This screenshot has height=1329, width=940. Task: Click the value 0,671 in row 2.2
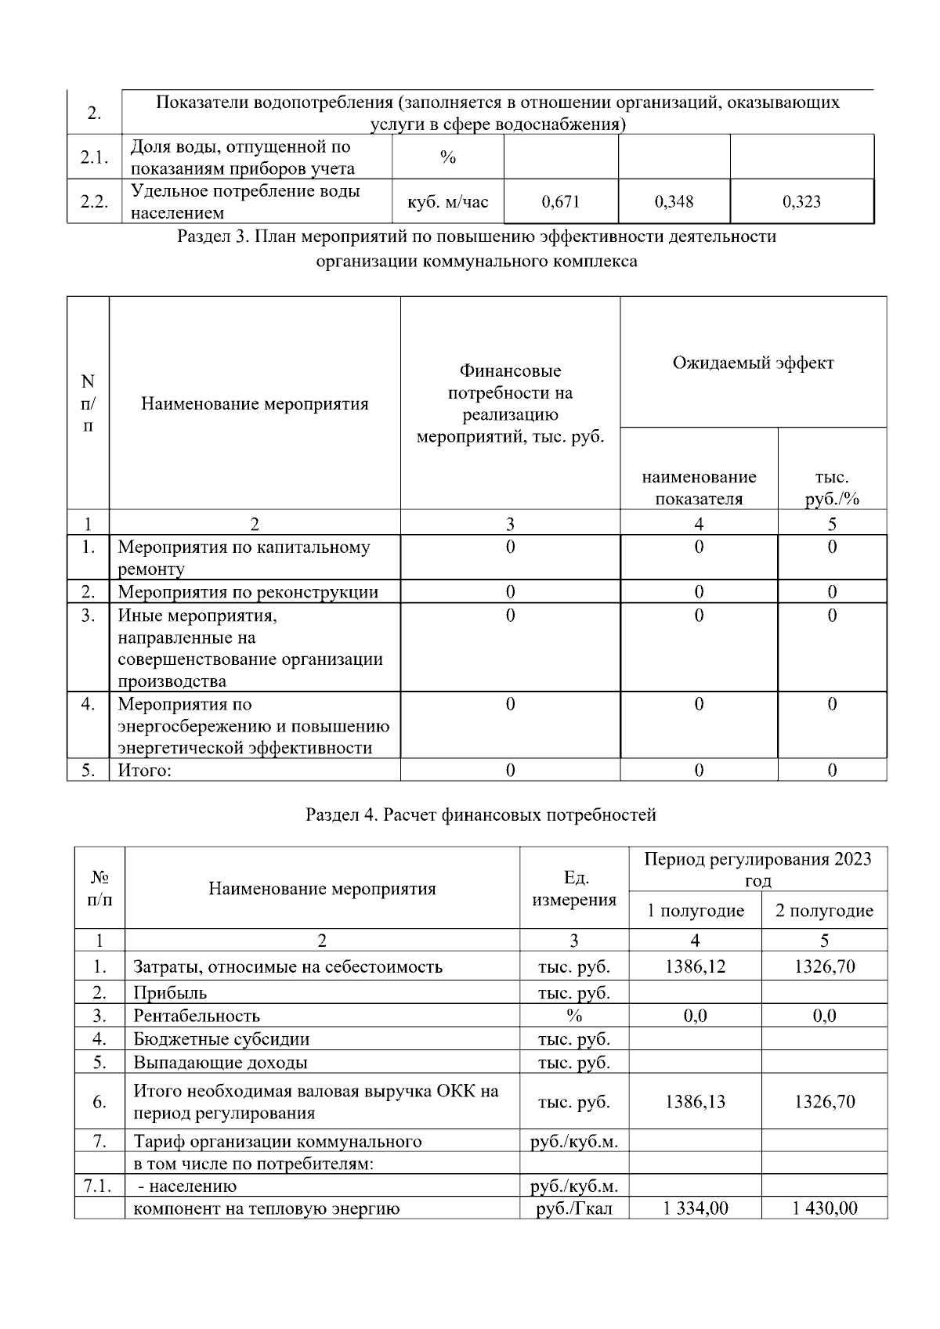pos(560,202)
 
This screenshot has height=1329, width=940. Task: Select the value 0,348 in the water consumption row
pos(674,202)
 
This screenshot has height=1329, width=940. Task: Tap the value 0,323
pos(801,202)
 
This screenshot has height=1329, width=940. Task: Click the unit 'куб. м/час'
pos(447,202)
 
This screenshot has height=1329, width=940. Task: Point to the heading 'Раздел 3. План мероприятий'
pos(476,237)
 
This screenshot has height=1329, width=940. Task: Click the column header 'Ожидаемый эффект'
pos(753,363)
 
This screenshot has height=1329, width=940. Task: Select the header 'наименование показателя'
pos(699,488)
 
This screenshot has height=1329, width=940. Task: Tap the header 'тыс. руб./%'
pos(832,488)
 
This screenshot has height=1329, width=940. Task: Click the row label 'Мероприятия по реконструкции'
pos(248,592)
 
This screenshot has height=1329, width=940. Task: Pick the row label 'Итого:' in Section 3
pos(144,771)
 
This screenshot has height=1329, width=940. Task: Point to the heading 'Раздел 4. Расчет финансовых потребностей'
pos(480,815)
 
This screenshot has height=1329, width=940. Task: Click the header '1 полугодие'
pos(695,911)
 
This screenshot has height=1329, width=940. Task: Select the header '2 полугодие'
pos(824,911)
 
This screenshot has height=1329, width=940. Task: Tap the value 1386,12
pos(695,966)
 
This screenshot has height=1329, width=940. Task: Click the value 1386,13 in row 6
pos(695,1102)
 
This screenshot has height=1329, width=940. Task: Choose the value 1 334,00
pos(695,1208)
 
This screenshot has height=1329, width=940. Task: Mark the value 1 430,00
pos(824,1208)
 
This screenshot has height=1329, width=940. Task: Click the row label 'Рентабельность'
pos(197,1017)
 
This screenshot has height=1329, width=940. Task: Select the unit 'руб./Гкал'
pos(574,1208)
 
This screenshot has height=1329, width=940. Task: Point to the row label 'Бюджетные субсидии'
pos(222,1040)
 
